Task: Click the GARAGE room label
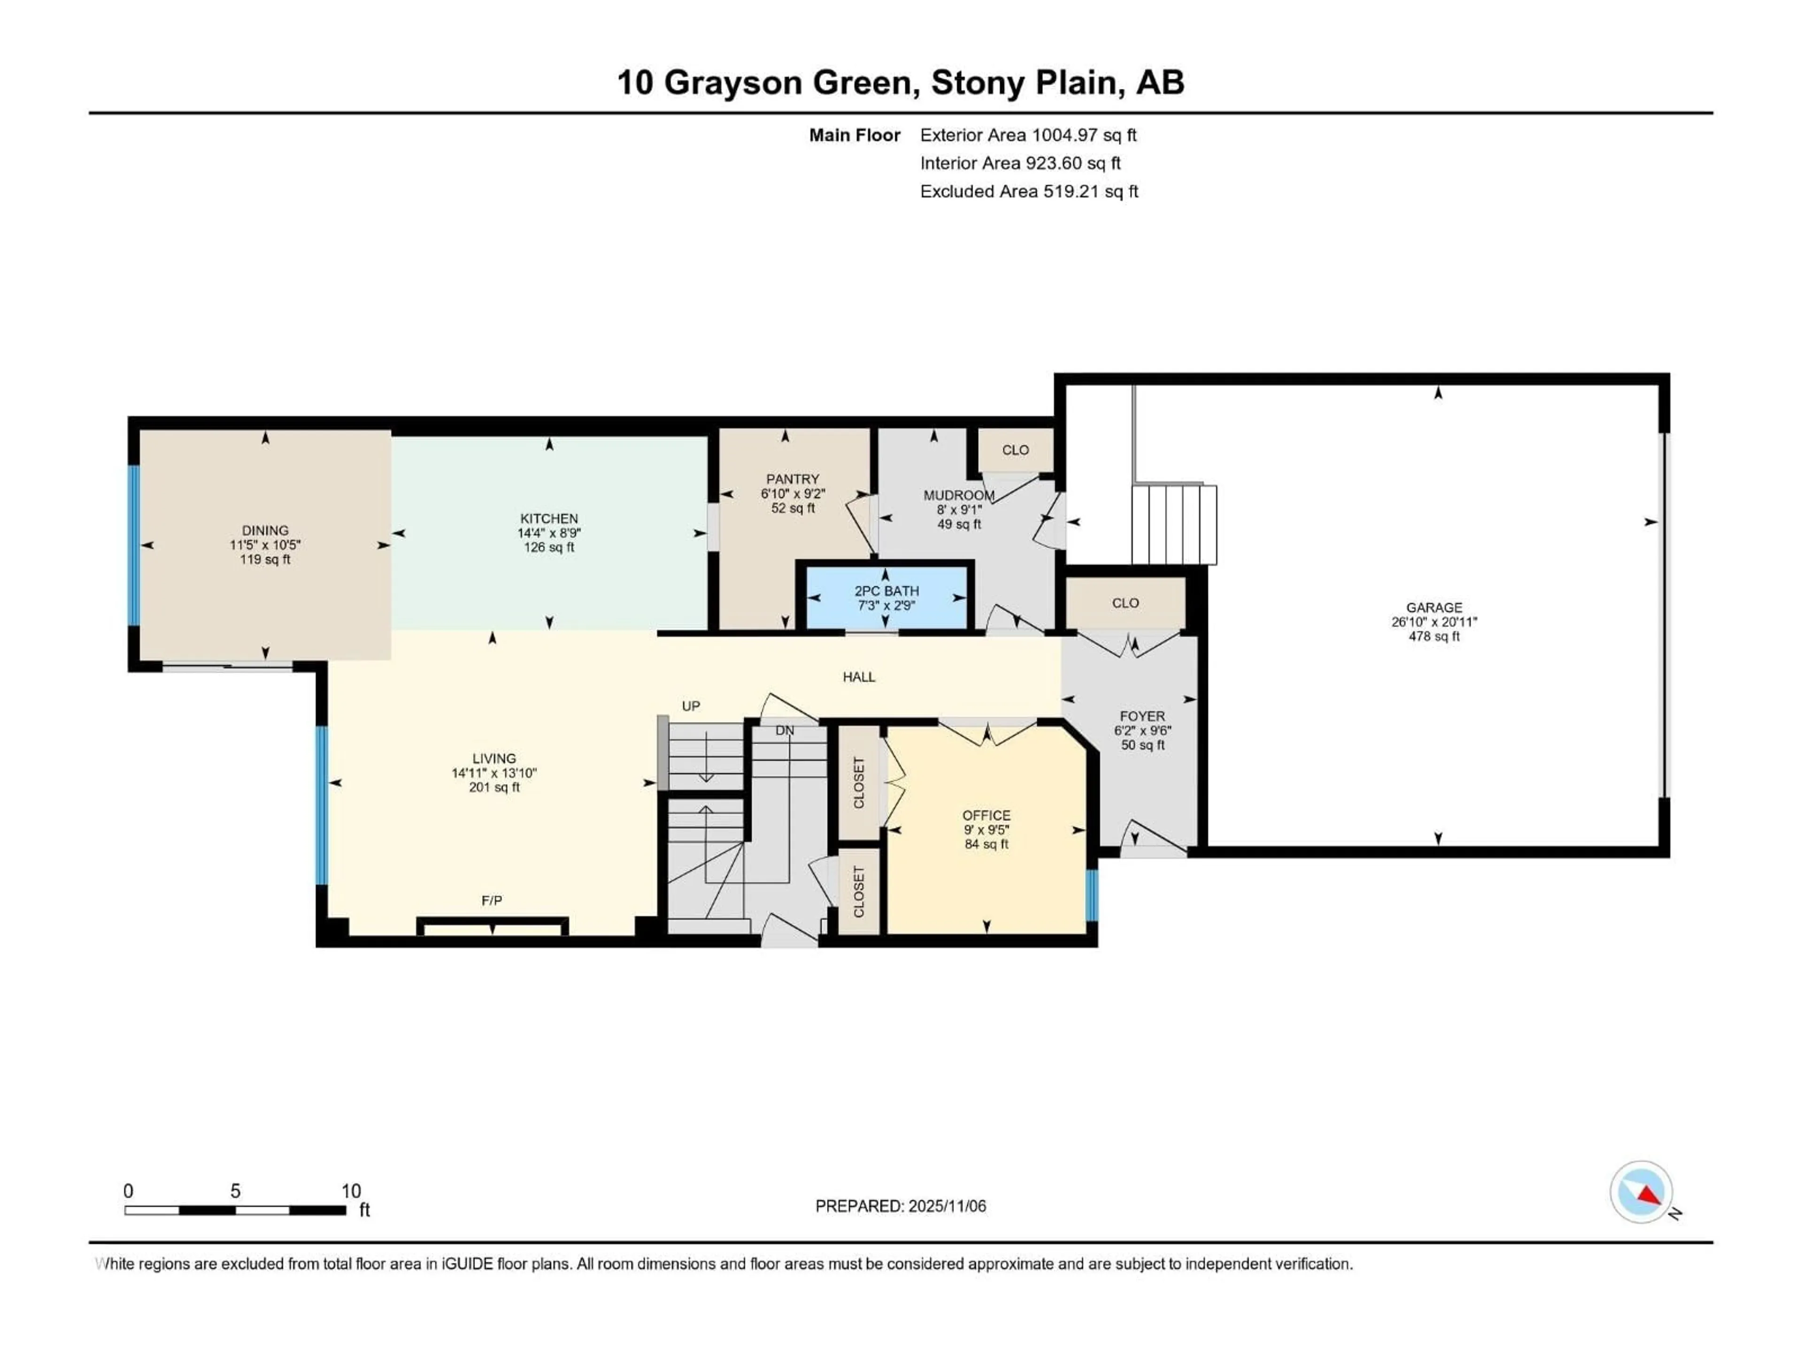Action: click(x=1434, y=607)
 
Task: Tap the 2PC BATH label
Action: click(x=886, y=591)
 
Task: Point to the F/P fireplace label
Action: click(x=492, y=900)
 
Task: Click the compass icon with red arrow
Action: click(x=1641, y=1192)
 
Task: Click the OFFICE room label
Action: click(x=986, y=815)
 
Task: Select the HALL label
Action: click(x=859, y=676)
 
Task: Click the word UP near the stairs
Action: click(x=690, y=706)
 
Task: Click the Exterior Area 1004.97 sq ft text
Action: click(x=1028, y=135)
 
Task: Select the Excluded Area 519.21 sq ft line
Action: click(x=1029, y=192)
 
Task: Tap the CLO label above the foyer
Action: click(x=1125, y=603)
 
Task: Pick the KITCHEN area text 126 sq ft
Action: click(x=548, y=548)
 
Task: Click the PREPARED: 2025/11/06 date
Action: click(x=900, y=1206)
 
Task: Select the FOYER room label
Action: click(x=1142, y=716)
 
